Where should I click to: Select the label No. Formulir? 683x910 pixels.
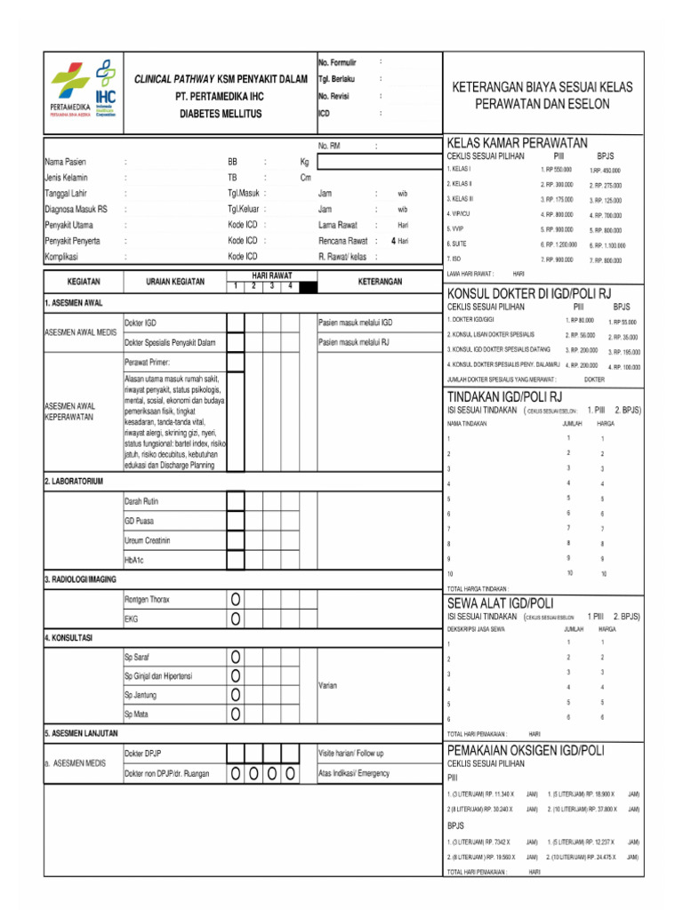[337, 62]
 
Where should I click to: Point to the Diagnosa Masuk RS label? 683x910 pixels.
[76, 209]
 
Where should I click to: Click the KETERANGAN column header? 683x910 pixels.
[380, 282]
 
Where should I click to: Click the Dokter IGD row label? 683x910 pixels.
[141, 323]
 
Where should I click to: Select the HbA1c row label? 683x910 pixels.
[136, 560]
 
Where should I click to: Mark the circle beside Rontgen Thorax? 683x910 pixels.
[236, 599]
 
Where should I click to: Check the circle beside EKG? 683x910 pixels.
[236, 619]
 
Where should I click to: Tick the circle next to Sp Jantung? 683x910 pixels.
[236, 695]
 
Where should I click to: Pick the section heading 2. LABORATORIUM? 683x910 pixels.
[74, 481]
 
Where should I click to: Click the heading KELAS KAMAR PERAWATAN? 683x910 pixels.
[517, 143]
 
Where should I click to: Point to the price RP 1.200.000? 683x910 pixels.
[558, 243]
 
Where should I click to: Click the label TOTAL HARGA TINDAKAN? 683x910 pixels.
[478, 588]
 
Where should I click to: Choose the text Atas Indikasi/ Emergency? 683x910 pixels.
[354, 773]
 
